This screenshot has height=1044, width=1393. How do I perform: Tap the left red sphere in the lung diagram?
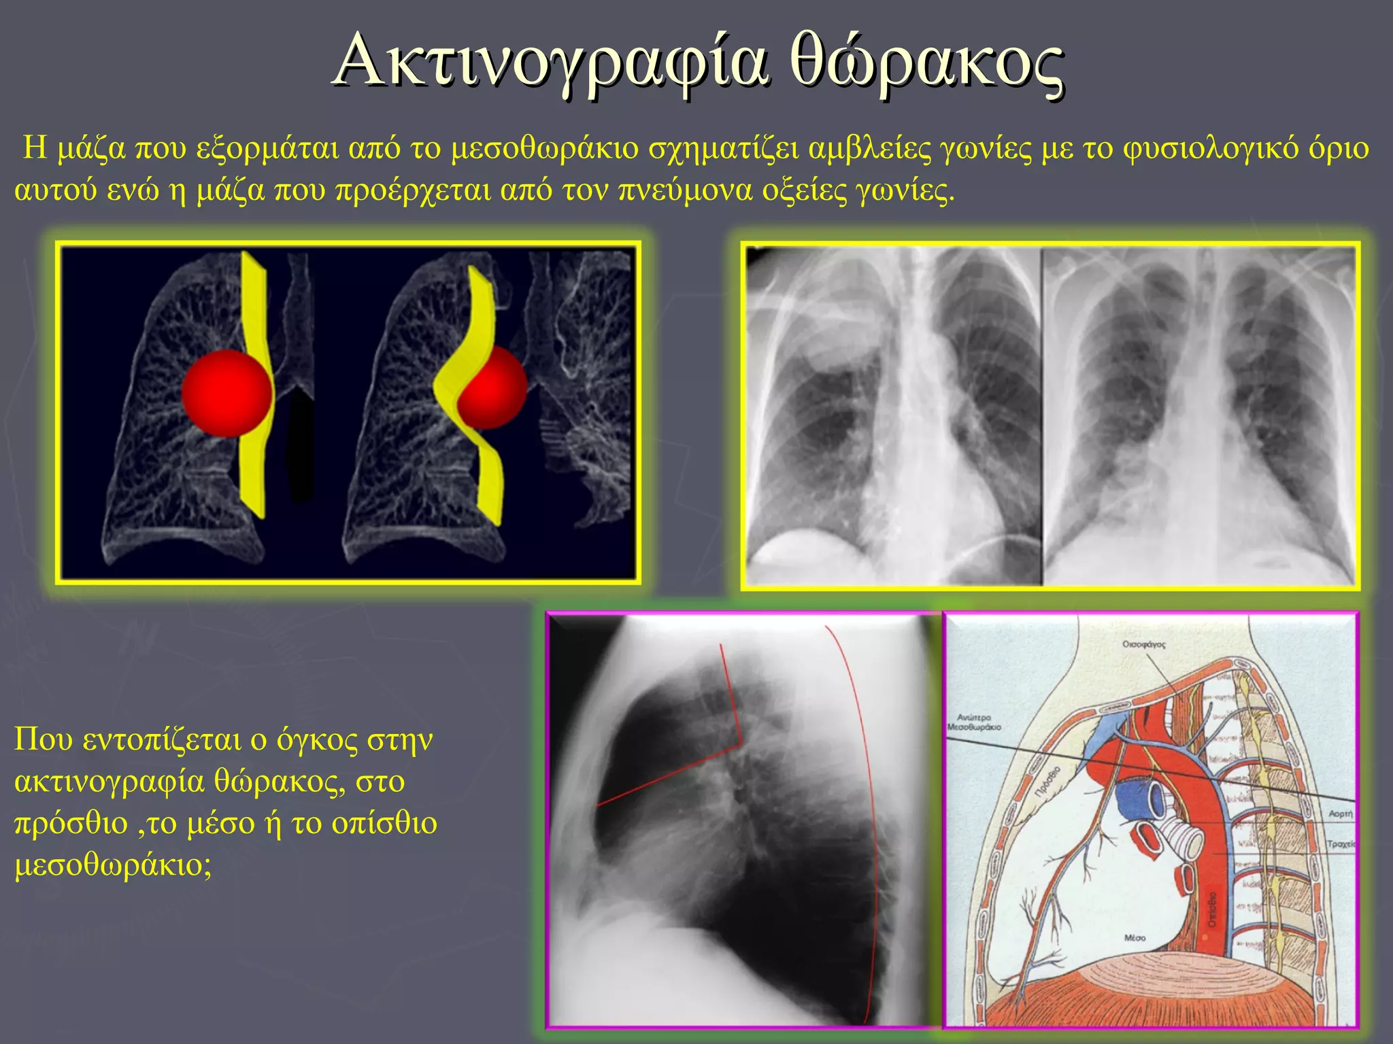point(227,394)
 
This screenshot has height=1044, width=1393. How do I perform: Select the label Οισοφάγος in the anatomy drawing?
point(1143,644)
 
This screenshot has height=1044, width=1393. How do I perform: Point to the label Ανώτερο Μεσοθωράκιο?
point(974,722)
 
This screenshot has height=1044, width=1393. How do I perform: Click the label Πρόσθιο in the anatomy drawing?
point(1048,781)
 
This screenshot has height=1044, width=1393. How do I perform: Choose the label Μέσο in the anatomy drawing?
point(1135,938)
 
